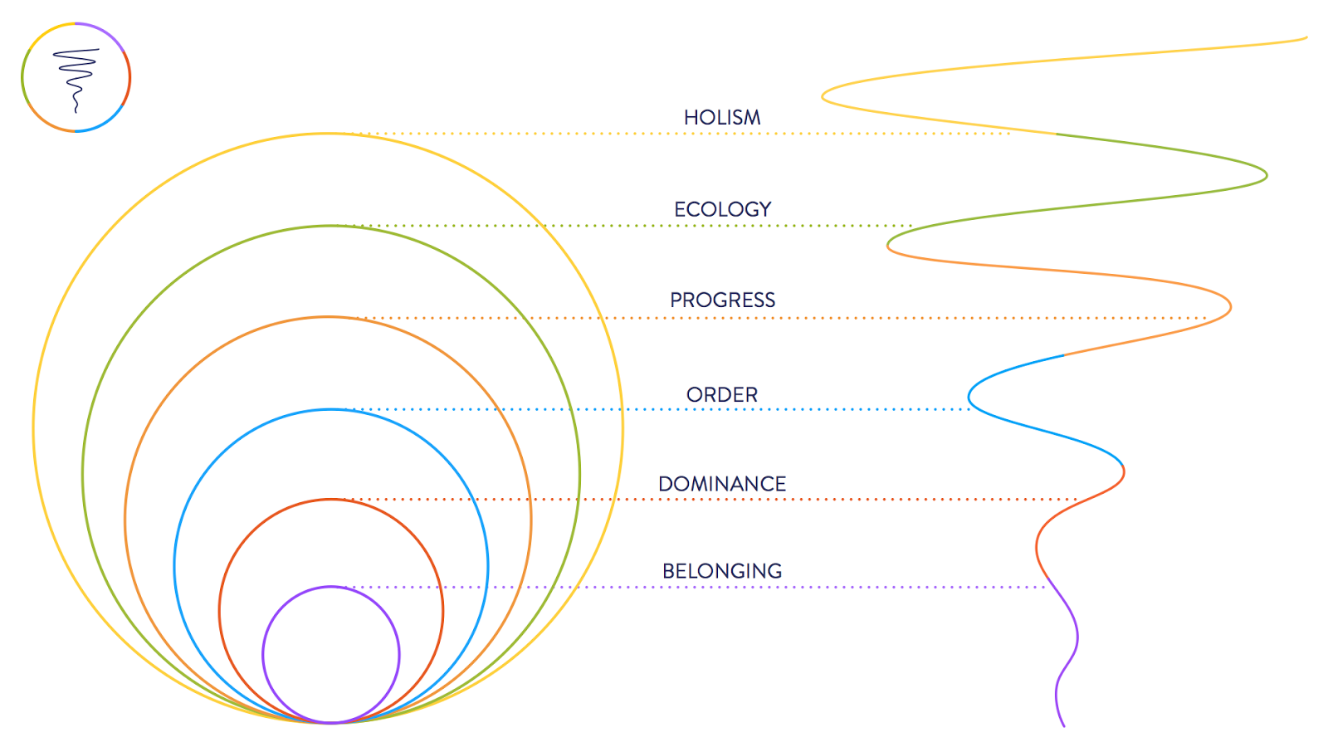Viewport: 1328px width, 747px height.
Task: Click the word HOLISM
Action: coord(722,118)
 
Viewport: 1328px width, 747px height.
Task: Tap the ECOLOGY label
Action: coord(722,209)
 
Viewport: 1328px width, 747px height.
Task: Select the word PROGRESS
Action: coord(722,300)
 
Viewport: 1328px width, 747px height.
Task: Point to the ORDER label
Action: coord(722,395)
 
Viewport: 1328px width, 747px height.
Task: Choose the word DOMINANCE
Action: coord(722,484)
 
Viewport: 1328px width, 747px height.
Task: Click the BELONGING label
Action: coord(722,571)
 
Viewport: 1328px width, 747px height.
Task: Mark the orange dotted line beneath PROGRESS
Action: coord(830,318)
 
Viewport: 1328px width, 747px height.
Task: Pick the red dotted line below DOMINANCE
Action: coord(830,500)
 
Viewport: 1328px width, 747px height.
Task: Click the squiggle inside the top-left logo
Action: coord(76,75)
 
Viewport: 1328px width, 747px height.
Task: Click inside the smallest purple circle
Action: coord(331,655)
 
